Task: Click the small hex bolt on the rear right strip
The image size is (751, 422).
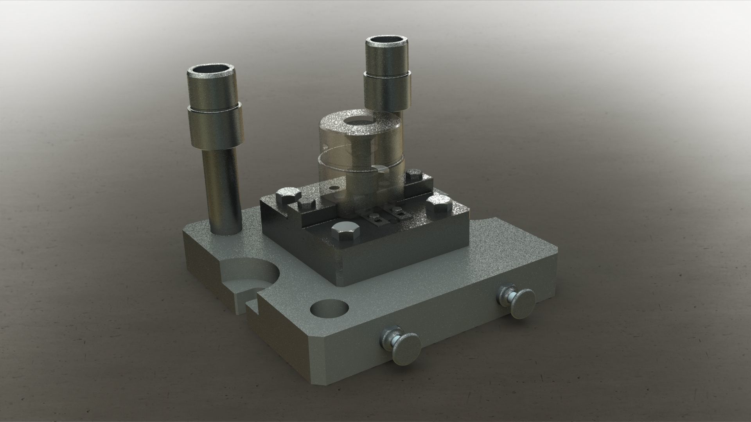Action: pyautogui.click(x=415, y=175)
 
